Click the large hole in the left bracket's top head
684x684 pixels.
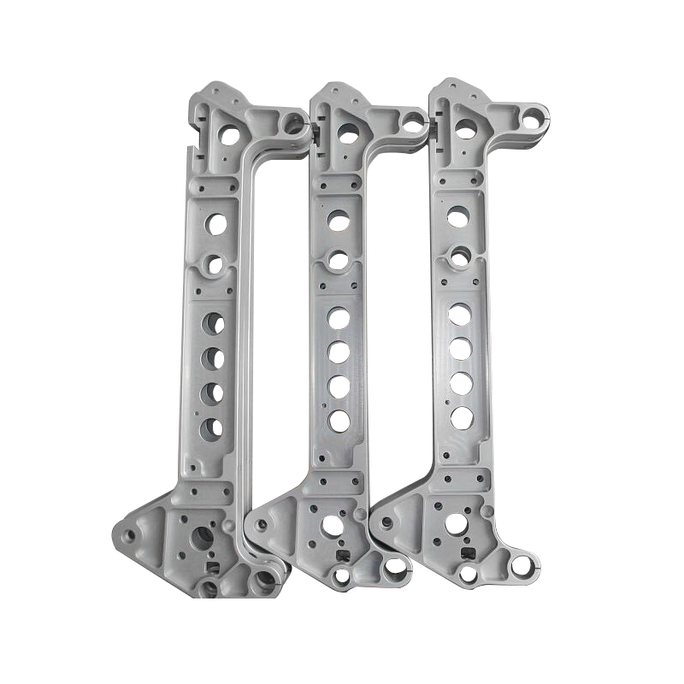pyautogui.click(x=229, y=132)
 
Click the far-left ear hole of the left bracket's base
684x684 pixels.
pyautogui.click(x=129, y=537)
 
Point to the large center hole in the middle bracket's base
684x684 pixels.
pyautogui.click(x=328, y=528)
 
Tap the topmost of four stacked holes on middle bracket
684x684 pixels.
pyautogui.click(x=339, y=318)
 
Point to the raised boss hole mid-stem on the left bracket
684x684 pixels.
pyautogui.click(x=213, y=262)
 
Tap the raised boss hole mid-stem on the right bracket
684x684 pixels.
pyautogui.click(x=461, y=255)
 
